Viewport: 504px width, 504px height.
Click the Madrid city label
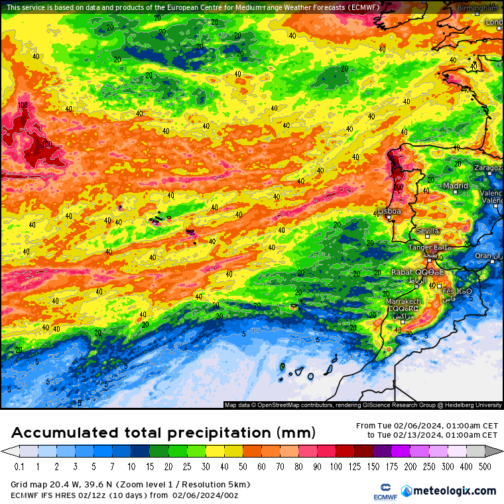click(456, 186)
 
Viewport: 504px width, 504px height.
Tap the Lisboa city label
click(390, 211)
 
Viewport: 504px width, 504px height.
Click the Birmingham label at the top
click(477, 8)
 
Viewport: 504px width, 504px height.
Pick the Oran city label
click(483, 256)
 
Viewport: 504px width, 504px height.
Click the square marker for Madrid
click(456, 194)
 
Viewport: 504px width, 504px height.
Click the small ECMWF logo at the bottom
click(380, 491)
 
